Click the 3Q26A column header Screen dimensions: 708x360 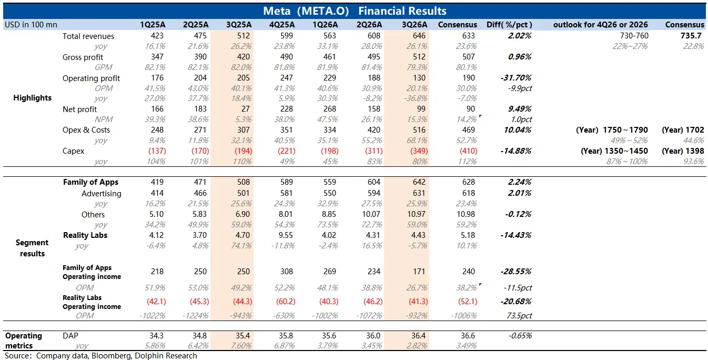(414, 25)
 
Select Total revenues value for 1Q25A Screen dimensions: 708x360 (157, 36)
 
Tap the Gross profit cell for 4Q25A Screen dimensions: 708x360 (286, 57)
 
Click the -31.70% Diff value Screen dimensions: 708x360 (515, 78)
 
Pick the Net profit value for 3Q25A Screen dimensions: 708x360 (245, 109)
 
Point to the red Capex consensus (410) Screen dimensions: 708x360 (469, 151)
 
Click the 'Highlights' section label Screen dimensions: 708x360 (32, 98)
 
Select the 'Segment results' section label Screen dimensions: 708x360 (32, 248)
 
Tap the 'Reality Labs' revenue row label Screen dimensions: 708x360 (85, 235)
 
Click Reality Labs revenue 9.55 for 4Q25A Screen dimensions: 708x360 (286, 235)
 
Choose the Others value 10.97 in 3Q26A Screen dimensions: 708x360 (416, 214)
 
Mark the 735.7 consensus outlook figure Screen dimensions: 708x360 (691, 36)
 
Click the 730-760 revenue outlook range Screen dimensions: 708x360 (634, 36)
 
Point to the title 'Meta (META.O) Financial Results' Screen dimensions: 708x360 (355, 11)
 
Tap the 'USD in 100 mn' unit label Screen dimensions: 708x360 (31, 25)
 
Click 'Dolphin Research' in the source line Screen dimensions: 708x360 (166, 356)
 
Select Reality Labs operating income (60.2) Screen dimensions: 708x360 (286, 302)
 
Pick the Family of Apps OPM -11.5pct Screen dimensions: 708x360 (518, 288)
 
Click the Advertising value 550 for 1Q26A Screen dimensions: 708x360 (329, 193)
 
